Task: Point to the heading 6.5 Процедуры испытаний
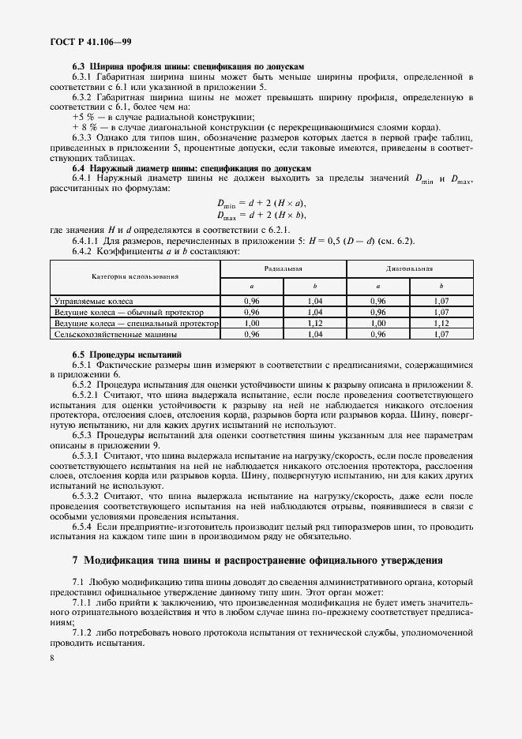(x=127, y=355)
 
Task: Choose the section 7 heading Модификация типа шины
(x=257, y=561)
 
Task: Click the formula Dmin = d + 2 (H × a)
(x=261, y=204)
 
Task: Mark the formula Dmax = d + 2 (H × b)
(x=261, y=215)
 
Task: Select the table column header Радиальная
(x=283, y=268)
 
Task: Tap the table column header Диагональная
(x=410, y=268)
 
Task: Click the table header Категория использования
(x=134, y=277)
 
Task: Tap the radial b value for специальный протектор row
(x=314, y=324)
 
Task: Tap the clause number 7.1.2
(x=84, y=632)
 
